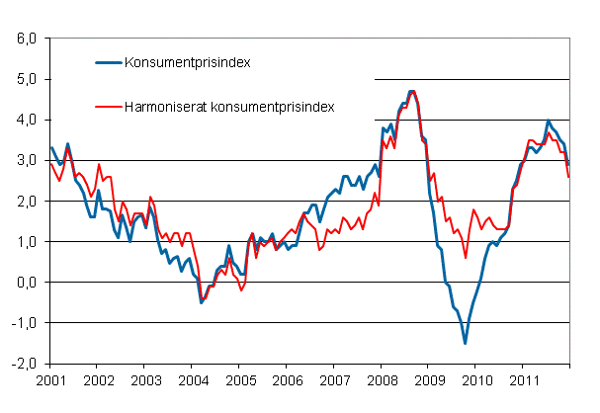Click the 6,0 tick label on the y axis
pyautogui.click(x=25, y=39)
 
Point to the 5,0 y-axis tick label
pyautogui.click(x=25, y=79)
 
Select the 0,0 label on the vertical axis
pyautogui.click(x=25, y=282)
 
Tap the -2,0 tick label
pyautogui.click(x=23, y=363)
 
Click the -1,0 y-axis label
pyautogui.click(x=23, y=322)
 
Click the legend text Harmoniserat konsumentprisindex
pyautogui.click(x=228, y=105)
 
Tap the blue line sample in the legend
pyautogui.click(x=108, y=62)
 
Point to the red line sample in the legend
pyautogui.click(x=108, y=105)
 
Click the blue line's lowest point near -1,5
pyautogui.click(x=465, y=343)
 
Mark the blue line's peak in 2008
pyautogui.click(x=411, y=91)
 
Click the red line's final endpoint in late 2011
pyautogui.click(x=568, y=177)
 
